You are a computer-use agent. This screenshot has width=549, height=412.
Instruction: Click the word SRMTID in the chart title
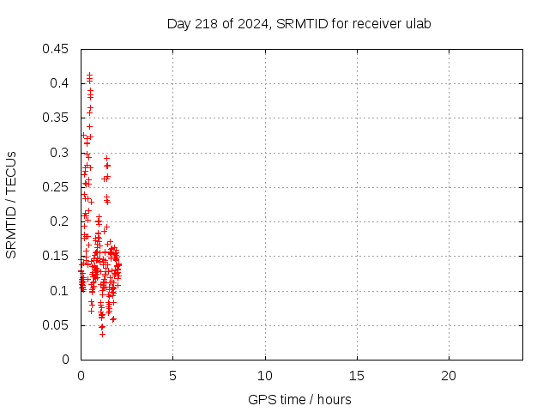[x=299, y=23]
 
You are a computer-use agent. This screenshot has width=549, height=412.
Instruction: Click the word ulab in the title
[x=417, y=23]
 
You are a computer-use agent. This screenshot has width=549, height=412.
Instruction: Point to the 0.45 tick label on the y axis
[x=57, y=49]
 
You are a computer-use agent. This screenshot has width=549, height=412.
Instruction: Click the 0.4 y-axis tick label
[x=60, y=83]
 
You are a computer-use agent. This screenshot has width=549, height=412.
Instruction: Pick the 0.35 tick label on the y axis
[x=57, y=118]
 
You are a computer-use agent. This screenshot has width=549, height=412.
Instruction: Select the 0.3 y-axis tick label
[x=60, y=153]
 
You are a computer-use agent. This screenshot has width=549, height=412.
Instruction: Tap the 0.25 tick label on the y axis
[x=57, y=187]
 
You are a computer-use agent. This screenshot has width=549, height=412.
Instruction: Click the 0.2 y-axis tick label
[x=60, y=221]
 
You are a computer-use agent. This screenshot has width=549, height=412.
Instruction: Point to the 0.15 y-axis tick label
[x=57, y=256]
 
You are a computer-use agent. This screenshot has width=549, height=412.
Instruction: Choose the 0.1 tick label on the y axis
[x=60, y=291]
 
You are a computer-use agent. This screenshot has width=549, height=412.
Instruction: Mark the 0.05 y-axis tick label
[x=57, y=325]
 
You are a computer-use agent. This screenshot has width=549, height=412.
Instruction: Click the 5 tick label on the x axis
[x=172, y=376]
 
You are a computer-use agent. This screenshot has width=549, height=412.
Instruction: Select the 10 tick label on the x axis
[x=265, y=376]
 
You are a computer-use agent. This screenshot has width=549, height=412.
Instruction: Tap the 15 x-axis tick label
[x=357, y=376]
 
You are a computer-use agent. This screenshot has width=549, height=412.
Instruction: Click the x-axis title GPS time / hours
[x=299, y=399]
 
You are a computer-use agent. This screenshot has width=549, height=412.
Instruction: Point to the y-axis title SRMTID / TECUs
[x=11, y=204]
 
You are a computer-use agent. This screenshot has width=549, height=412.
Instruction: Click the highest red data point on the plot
[x=89, y=75]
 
